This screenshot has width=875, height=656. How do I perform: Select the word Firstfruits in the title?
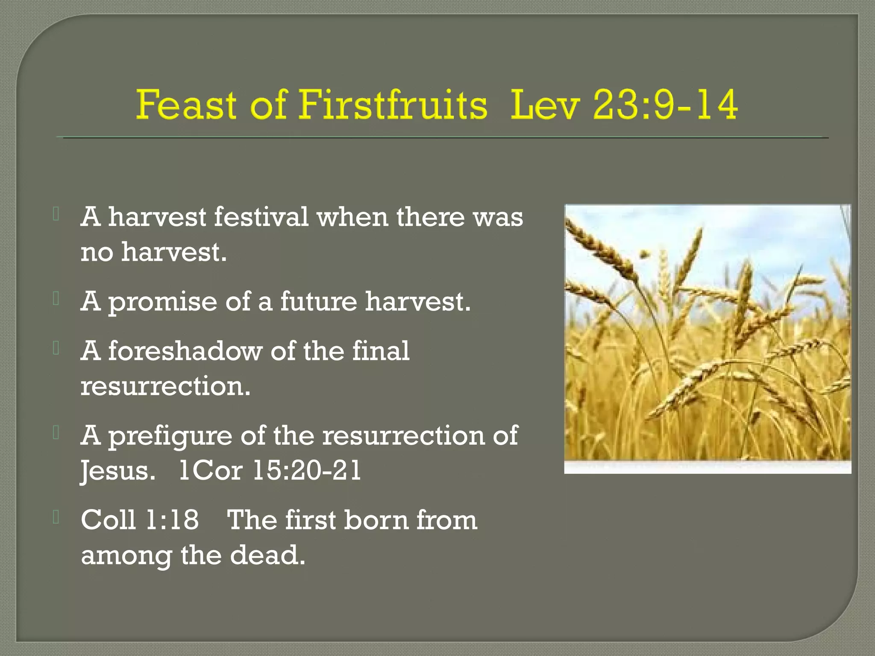click(392, 105)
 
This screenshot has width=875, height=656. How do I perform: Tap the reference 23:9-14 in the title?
click(665, 105)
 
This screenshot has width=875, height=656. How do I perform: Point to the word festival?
click(261, 217)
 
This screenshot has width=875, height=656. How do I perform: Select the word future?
click(318, 302)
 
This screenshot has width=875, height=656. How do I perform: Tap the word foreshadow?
click(185, 351)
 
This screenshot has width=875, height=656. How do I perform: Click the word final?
click(380, 351)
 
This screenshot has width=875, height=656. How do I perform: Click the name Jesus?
click(117, 471)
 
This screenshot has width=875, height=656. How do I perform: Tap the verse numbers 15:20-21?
click(307, 471)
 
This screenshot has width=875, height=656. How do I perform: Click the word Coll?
click(108, 520)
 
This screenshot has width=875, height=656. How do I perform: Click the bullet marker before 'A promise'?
click(56, 299)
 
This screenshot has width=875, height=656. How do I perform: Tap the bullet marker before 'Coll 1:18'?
click(56, 517)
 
